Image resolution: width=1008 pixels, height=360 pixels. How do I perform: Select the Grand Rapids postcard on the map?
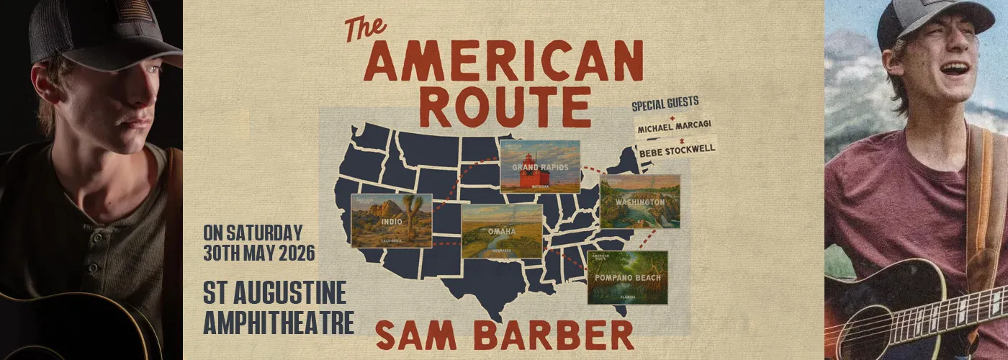coord(540,166)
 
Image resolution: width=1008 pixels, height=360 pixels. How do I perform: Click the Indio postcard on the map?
coord(392,220)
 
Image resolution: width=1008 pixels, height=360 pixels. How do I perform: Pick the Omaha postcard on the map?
coord(502,231)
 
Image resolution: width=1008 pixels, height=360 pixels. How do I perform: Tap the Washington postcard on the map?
coord(640,202)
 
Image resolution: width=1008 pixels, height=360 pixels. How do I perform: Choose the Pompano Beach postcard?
coord(627,277)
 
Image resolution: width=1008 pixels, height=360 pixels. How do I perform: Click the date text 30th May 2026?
coord(259,253)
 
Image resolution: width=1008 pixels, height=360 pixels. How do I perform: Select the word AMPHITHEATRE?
coord(279,322)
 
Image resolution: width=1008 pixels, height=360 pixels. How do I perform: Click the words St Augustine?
coord(274,294)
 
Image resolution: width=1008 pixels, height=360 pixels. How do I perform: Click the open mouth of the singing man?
coord(955,68)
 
